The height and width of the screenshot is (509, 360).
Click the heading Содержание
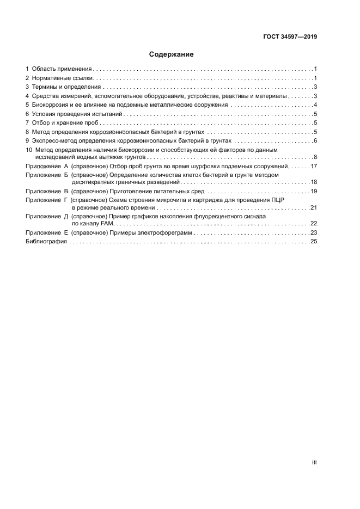pyautogui.click(x=172, y=54)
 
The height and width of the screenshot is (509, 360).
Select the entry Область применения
pyautogui.click(x=61, y=69)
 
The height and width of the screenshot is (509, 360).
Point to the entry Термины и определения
pyautogui.click(x=66, y=87)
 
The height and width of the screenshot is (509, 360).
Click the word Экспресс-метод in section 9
pyautogui.click(x=54, y=140)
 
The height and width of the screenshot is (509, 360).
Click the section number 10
pyautogui.click(x=29, y=150)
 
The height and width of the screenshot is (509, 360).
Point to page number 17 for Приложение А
pyautogui.click(x=314, y=166)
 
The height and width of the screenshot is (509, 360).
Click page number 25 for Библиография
pyautogui.click(x=314, y=242)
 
